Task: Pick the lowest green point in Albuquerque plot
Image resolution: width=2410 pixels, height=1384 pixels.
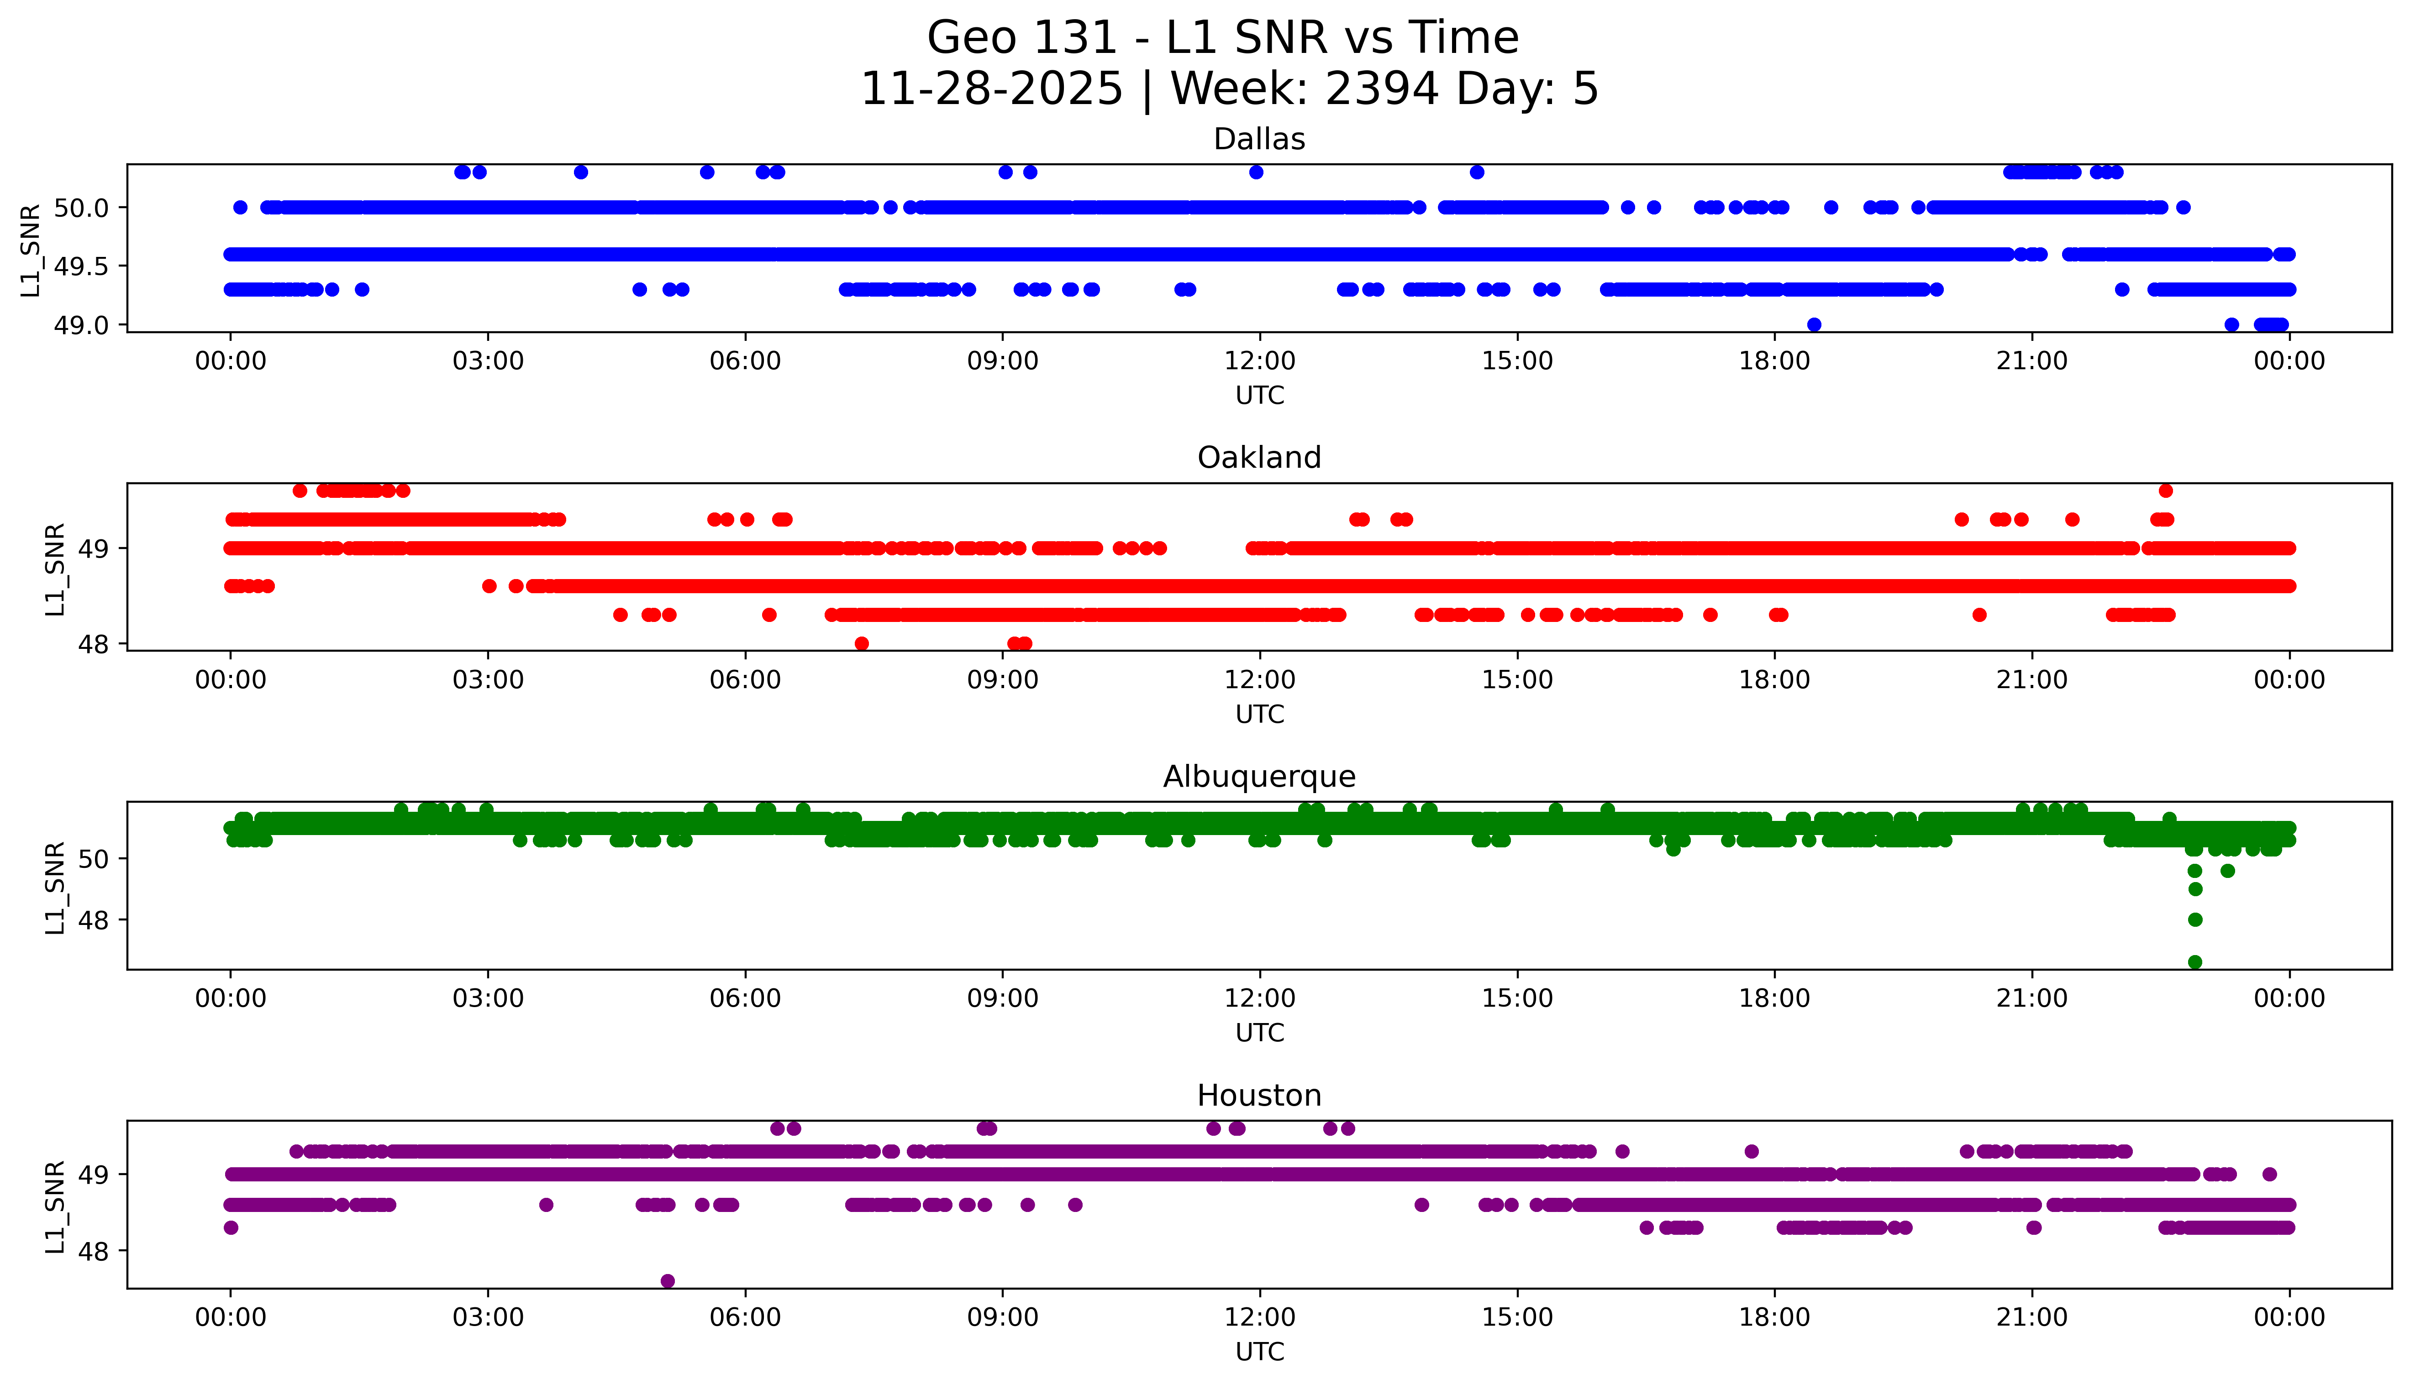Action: point(2195,962)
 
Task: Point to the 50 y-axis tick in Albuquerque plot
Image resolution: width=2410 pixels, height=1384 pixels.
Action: point(100,858)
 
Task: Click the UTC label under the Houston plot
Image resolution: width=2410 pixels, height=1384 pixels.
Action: point(1259,1352)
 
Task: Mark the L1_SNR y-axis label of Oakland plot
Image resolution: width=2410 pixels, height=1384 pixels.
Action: point(55,569)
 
